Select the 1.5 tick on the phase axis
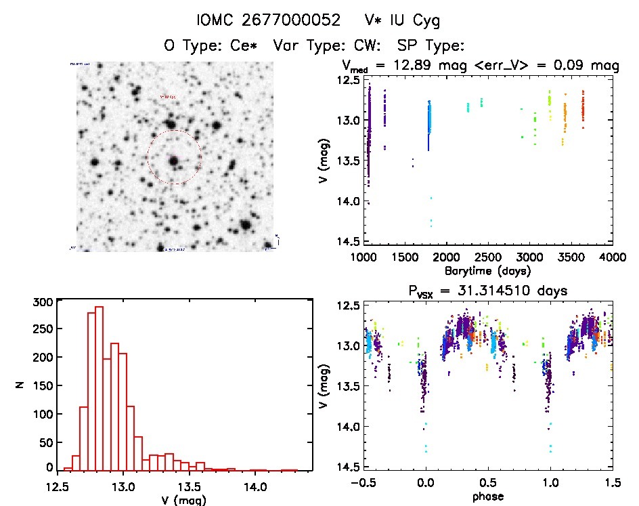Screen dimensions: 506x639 [x=612, y=484]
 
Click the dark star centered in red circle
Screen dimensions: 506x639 [x=174, y=161]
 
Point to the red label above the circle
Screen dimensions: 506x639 [x=167, y=98]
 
